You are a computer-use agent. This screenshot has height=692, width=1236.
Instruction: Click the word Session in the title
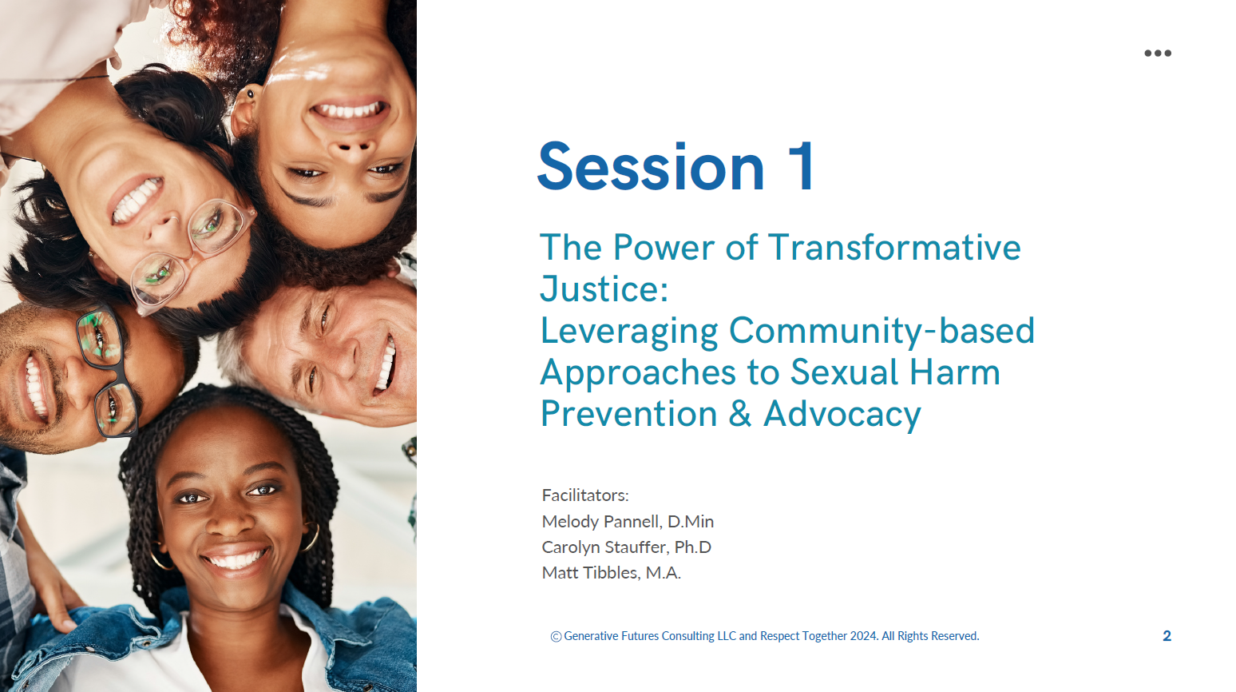(x=651, y=166)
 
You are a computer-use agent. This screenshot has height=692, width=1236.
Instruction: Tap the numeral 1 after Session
(x=801, y=166)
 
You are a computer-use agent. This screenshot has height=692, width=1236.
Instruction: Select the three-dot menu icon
(x=1158, y=53)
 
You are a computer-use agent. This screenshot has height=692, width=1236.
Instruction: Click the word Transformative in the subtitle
(x=894, y=247)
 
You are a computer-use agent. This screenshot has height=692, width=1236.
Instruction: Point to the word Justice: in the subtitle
(x=604, y=288)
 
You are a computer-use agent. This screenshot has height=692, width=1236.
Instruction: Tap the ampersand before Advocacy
(x=740, y=414)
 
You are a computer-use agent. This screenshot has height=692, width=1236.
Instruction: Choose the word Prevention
(x=628, y=414)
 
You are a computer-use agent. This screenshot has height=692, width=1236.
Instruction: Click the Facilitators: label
(x=585, y=495)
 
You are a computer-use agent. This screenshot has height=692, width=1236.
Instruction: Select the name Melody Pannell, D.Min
(x=628, y=521)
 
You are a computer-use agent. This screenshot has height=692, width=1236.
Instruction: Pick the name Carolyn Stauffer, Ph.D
(x=627, y=547)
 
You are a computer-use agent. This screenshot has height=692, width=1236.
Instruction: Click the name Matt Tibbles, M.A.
(x=612, y=573)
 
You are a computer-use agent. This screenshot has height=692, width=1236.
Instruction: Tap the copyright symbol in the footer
(x=556, y=637)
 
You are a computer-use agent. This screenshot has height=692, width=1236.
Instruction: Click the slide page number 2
(x=1167, y=636)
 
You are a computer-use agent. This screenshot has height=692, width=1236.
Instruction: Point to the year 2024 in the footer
(x=864, y=636)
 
